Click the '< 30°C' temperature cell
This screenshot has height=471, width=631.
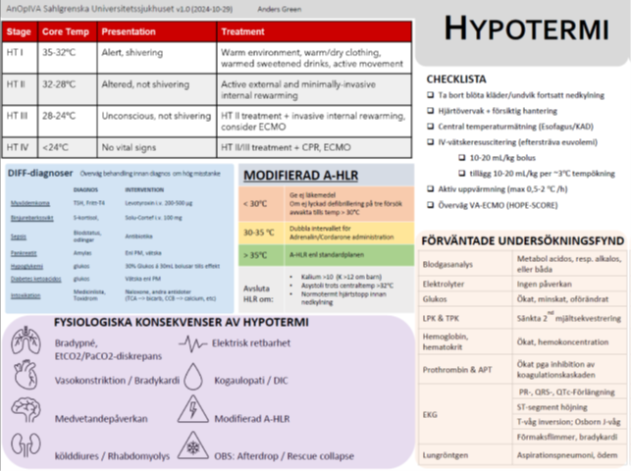point(257,203)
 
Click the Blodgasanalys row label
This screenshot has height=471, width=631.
point(449,265)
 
